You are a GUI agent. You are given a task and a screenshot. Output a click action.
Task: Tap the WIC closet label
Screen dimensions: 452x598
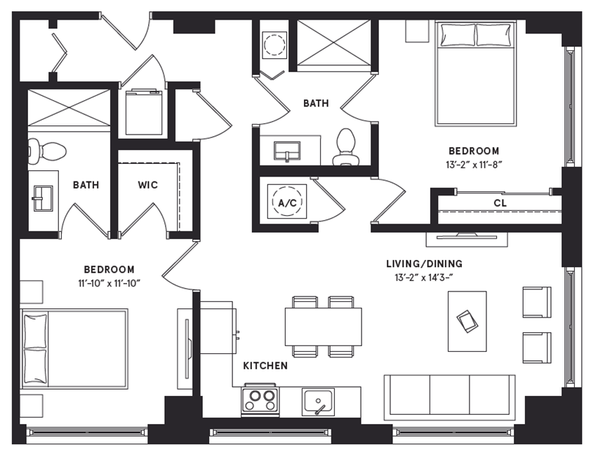147,185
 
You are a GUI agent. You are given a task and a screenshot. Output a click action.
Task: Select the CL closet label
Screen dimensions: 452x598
500,203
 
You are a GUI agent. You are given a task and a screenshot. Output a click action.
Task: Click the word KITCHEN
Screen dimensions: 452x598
265,366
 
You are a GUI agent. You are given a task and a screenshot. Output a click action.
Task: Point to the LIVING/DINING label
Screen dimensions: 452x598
424,263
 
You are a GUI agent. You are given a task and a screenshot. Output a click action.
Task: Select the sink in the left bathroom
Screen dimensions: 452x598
43,198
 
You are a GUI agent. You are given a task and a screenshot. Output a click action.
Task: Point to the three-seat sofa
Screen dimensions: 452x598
449,397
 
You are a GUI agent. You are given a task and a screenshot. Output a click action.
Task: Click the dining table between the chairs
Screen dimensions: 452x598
323,326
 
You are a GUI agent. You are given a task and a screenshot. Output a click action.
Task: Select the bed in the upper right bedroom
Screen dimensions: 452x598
476,74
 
